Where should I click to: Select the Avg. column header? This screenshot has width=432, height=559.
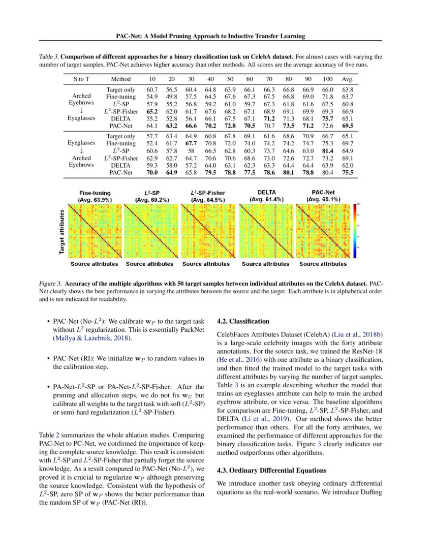click(348, 79)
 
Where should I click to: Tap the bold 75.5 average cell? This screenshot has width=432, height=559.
click(348, 173)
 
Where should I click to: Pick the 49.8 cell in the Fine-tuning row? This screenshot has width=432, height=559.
click(171, 96)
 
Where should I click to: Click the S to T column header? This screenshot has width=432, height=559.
click(81, 79)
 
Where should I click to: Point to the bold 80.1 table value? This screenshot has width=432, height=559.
click(289, 173)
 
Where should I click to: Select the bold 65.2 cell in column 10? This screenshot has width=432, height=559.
click(151, 110)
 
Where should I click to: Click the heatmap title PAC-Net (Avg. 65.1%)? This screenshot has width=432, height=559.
click(323, 196)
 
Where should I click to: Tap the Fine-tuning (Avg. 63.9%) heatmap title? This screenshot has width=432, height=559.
click(95, 196)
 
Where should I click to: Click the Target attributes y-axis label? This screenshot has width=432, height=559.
click(62, 231)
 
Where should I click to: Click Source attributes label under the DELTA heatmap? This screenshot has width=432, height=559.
click(265, 264)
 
